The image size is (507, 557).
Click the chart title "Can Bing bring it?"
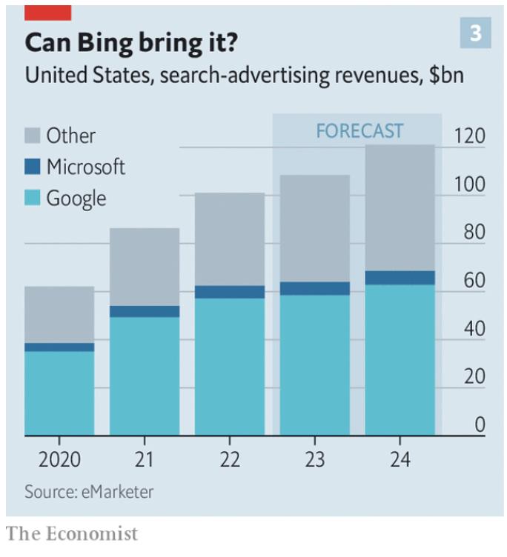point(130,43)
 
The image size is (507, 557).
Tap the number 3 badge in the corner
point(475,33)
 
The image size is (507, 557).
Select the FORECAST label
point(359,132)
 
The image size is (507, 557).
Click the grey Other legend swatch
point(32,136)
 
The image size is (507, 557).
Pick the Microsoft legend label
point(85,167)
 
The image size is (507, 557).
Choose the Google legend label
point(76,199)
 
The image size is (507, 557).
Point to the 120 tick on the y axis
point(470,136)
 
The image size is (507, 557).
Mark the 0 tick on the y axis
point(480,425)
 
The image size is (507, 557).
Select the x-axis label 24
point(400,459)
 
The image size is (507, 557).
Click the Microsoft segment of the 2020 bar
point(59,347)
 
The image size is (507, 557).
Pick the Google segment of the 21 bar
point(145,376)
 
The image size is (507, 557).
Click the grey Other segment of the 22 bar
point(230,239)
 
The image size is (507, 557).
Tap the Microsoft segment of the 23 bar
point(315,288)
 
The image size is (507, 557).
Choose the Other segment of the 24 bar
point(400,207)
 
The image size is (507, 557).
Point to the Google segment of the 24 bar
point(400,360)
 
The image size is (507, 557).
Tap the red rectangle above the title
point(48,13)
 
